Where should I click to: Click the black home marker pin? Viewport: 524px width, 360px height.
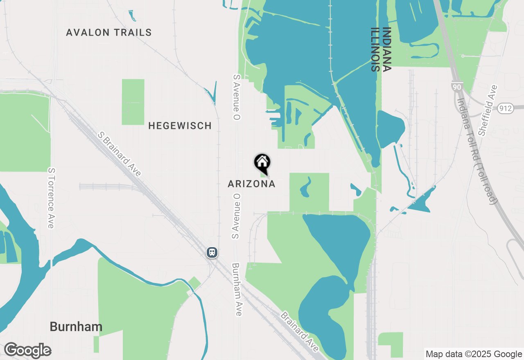tap(262, 163)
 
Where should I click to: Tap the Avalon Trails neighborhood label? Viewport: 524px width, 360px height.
tap(109, 33)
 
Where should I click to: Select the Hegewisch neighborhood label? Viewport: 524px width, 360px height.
tap(180, 126)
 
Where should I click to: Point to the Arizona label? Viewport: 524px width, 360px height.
tap(251, 184)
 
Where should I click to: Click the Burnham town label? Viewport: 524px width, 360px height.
tap(76, 327)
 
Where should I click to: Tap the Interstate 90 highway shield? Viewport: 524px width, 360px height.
tap(456, 87)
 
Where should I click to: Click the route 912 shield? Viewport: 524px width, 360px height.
tap(506, 108)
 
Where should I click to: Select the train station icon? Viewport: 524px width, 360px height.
tap(212, 252)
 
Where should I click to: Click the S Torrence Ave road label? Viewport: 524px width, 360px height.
tap(51, 198)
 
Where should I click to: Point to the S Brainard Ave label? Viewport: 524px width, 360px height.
tap(120, 154)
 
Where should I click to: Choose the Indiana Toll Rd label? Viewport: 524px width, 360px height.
tap(477, 151)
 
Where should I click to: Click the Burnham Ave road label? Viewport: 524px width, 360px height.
tap(237, 289)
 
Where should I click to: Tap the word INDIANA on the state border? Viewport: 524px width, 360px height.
tap(387, 49)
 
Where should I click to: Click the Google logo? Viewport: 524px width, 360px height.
tap(27, 351)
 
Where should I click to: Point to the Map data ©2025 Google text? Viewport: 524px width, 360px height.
tap(474, 354)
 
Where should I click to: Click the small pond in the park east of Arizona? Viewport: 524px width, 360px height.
tap(305, 188)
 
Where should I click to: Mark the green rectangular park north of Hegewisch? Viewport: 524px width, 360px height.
tap(133, 102)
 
